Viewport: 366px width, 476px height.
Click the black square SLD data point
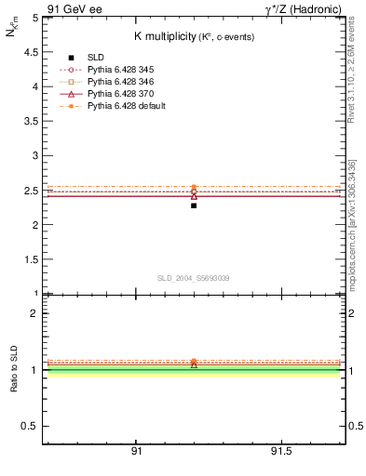point(194,205)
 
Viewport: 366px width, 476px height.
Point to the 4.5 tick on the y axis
point(33,51)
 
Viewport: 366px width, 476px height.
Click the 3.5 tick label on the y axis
point(33,121)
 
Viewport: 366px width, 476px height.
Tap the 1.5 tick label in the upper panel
point(33,259)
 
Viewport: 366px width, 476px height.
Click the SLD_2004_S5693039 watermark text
point(193,278)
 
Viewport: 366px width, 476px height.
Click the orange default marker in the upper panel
point(194,187)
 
